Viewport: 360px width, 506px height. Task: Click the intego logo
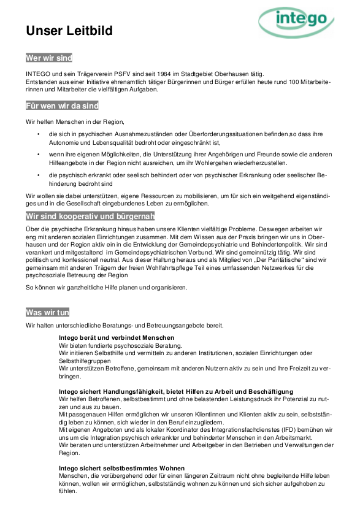[301, 23]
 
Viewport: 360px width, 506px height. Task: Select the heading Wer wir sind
[49, 58]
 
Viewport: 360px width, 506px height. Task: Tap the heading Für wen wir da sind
[62, 105]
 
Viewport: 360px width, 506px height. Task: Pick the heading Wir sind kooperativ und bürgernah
[90, 216]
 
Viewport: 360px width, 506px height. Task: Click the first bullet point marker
[38, 134]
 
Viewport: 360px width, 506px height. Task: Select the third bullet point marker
[38, 176]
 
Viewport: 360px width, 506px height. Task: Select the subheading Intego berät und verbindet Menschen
[117, 338]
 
